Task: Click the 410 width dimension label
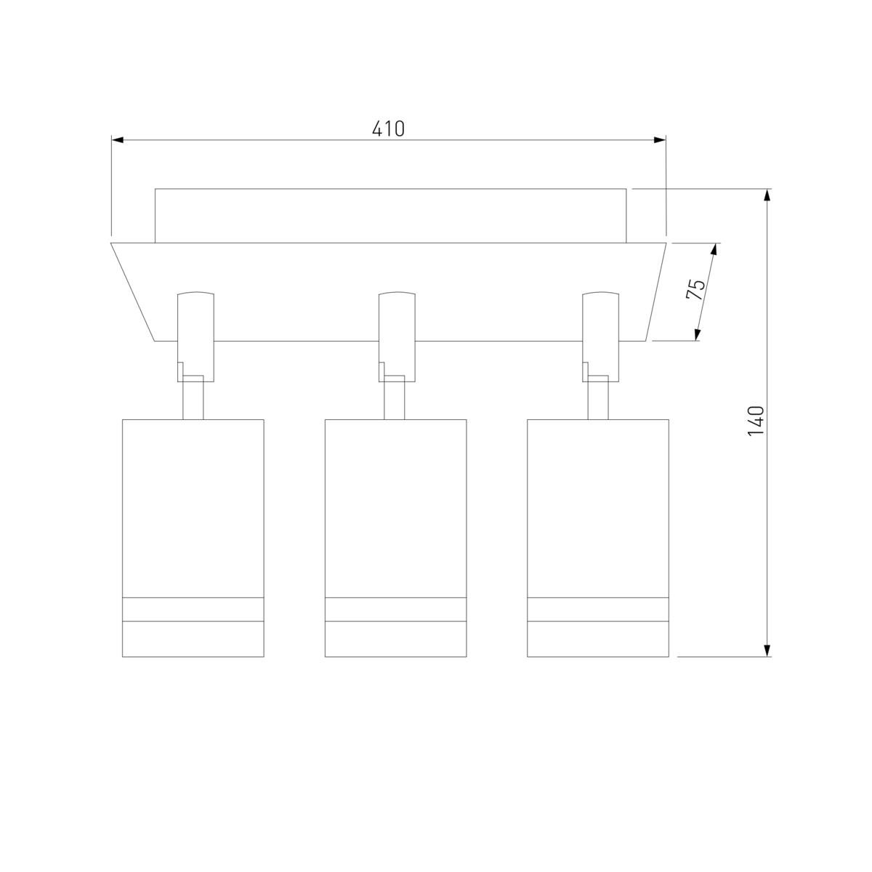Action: point(388,129)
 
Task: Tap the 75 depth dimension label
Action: point(695,289)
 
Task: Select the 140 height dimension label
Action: point(756,421)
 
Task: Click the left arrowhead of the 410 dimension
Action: point(117,140)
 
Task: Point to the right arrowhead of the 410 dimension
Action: point(660,140)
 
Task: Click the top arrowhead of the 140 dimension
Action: point(767,195)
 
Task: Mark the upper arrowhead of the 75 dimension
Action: point(714,250)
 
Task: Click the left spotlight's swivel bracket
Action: point(195,337)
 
